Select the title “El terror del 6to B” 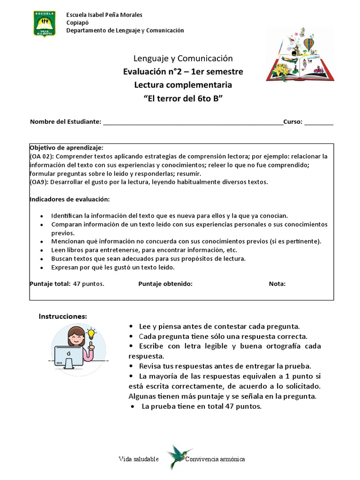pyautogui.click(x=183, y=98)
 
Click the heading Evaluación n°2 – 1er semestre pyautogui.click(x=183, y=72)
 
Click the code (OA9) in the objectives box pyautogui.click(x=39, y=182)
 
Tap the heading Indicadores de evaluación pyautogui.click(x=70, y=199)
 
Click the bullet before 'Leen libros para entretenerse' pyautogui.click(x=42, y=250)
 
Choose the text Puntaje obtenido pyautogui.click(x=165, y=284)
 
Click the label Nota pyautogui.click(x=277, y=284)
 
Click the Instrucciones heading pyautogui.click(x=62, y=317)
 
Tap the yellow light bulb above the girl pyautogui.click(x=91, y=335)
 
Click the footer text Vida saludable pyautogui.click(x=139, y=459)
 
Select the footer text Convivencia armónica pyautogui.click(x=215, y=459)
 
